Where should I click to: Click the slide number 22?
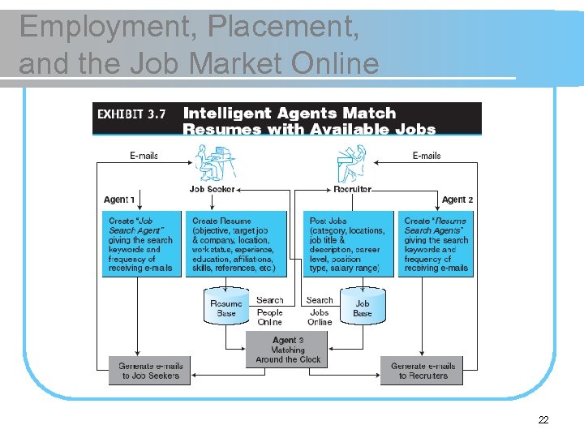click(543, 420)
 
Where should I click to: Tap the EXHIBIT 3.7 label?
click(131, 114)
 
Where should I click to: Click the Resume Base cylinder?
click(226, 307)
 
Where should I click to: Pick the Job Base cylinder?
click(363, 307)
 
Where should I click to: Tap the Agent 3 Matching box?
click(288, 350)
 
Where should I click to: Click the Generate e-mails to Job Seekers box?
click(150, 371)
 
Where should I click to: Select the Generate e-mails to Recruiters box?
click(423, 371)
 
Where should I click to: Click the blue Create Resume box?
click(239, 244)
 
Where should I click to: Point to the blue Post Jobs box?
click(349, 244)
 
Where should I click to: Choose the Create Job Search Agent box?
click(141, 244)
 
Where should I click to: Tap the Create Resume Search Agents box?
click(436, 244)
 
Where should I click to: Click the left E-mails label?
click(144, 155)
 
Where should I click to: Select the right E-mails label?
click(427, 155)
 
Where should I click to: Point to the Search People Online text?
click(269, 311)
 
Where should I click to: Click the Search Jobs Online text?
click(320, 311)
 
